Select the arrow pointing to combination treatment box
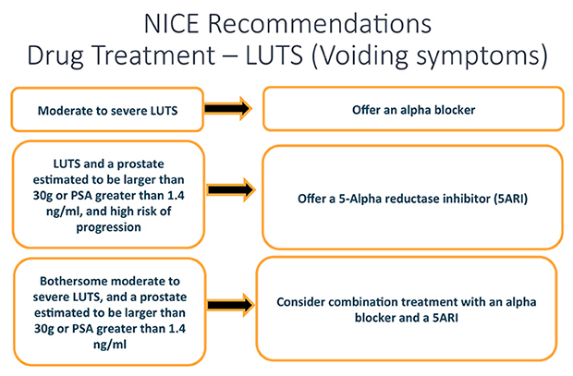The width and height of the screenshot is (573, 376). tap(227, 302)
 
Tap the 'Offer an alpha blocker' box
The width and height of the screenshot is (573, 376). tap(411, 110)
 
